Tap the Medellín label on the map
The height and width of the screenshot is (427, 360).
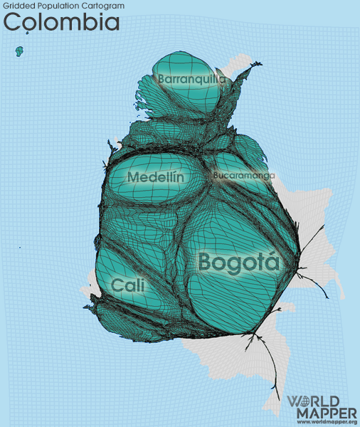click(156, 176)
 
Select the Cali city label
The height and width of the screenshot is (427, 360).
click(128, 285)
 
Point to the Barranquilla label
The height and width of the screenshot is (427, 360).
click(192, 79)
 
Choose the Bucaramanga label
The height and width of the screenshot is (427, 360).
click(243, 175)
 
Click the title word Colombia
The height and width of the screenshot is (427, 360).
click(61, 22)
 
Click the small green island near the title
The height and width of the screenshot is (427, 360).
click(19, 51)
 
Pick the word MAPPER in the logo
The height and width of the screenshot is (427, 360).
click(322, 413)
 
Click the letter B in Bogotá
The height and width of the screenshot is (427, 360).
click(206, 262)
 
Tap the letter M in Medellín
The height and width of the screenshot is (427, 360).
click(134, 176)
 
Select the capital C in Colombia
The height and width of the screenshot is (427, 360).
click(13, 22)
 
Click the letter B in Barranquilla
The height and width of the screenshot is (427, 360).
click(163, 79)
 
